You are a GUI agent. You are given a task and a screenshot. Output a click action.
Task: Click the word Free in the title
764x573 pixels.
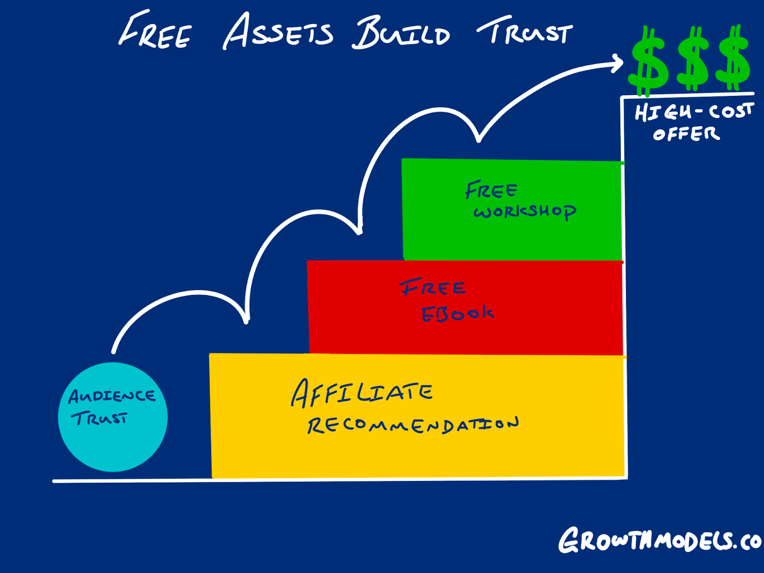155,29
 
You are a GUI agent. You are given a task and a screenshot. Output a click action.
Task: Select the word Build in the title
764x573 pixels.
401,32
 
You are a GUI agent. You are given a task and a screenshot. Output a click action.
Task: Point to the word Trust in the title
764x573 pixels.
525,31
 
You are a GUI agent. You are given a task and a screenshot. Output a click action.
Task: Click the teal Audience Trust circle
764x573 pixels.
113,417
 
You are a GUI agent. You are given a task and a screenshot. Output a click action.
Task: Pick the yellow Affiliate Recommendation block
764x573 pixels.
418,416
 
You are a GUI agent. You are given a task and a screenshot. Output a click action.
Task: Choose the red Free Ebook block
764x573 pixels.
465,308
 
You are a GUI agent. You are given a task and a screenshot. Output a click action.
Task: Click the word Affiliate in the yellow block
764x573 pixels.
362,393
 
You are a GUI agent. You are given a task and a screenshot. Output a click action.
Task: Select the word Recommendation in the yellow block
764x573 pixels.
413,425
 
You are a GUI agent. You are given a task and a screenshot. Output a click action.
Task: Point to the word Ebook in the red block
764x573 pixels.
457,314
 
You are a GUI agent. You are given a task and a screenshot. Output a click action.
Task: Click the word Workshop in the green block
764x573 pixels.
525,212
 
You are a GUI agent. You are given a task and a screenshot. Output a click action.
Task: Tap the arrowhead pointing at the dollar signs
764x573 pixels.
617,63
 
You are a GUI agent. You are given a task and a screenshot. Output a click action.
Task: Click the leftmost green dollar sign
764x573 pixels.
648,61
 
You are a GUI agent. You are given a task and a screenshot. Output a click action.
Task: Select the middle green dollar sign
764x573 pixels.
693,58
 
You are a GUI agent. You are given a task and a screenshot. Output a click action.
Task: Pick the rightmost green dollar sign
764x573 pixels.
733,58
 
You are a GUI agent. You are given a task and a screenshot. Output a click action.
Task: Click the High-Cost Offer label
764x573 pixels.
694,122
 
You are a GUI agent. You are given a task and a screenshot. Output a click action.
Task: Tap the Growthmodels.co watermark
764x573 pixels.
660,541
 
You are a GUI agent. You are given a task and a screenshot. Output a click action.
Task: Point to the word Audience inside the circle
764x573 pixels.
112,396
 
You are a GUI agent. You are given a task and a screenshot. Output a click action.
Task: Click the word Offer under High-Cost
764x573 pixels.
686,134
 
